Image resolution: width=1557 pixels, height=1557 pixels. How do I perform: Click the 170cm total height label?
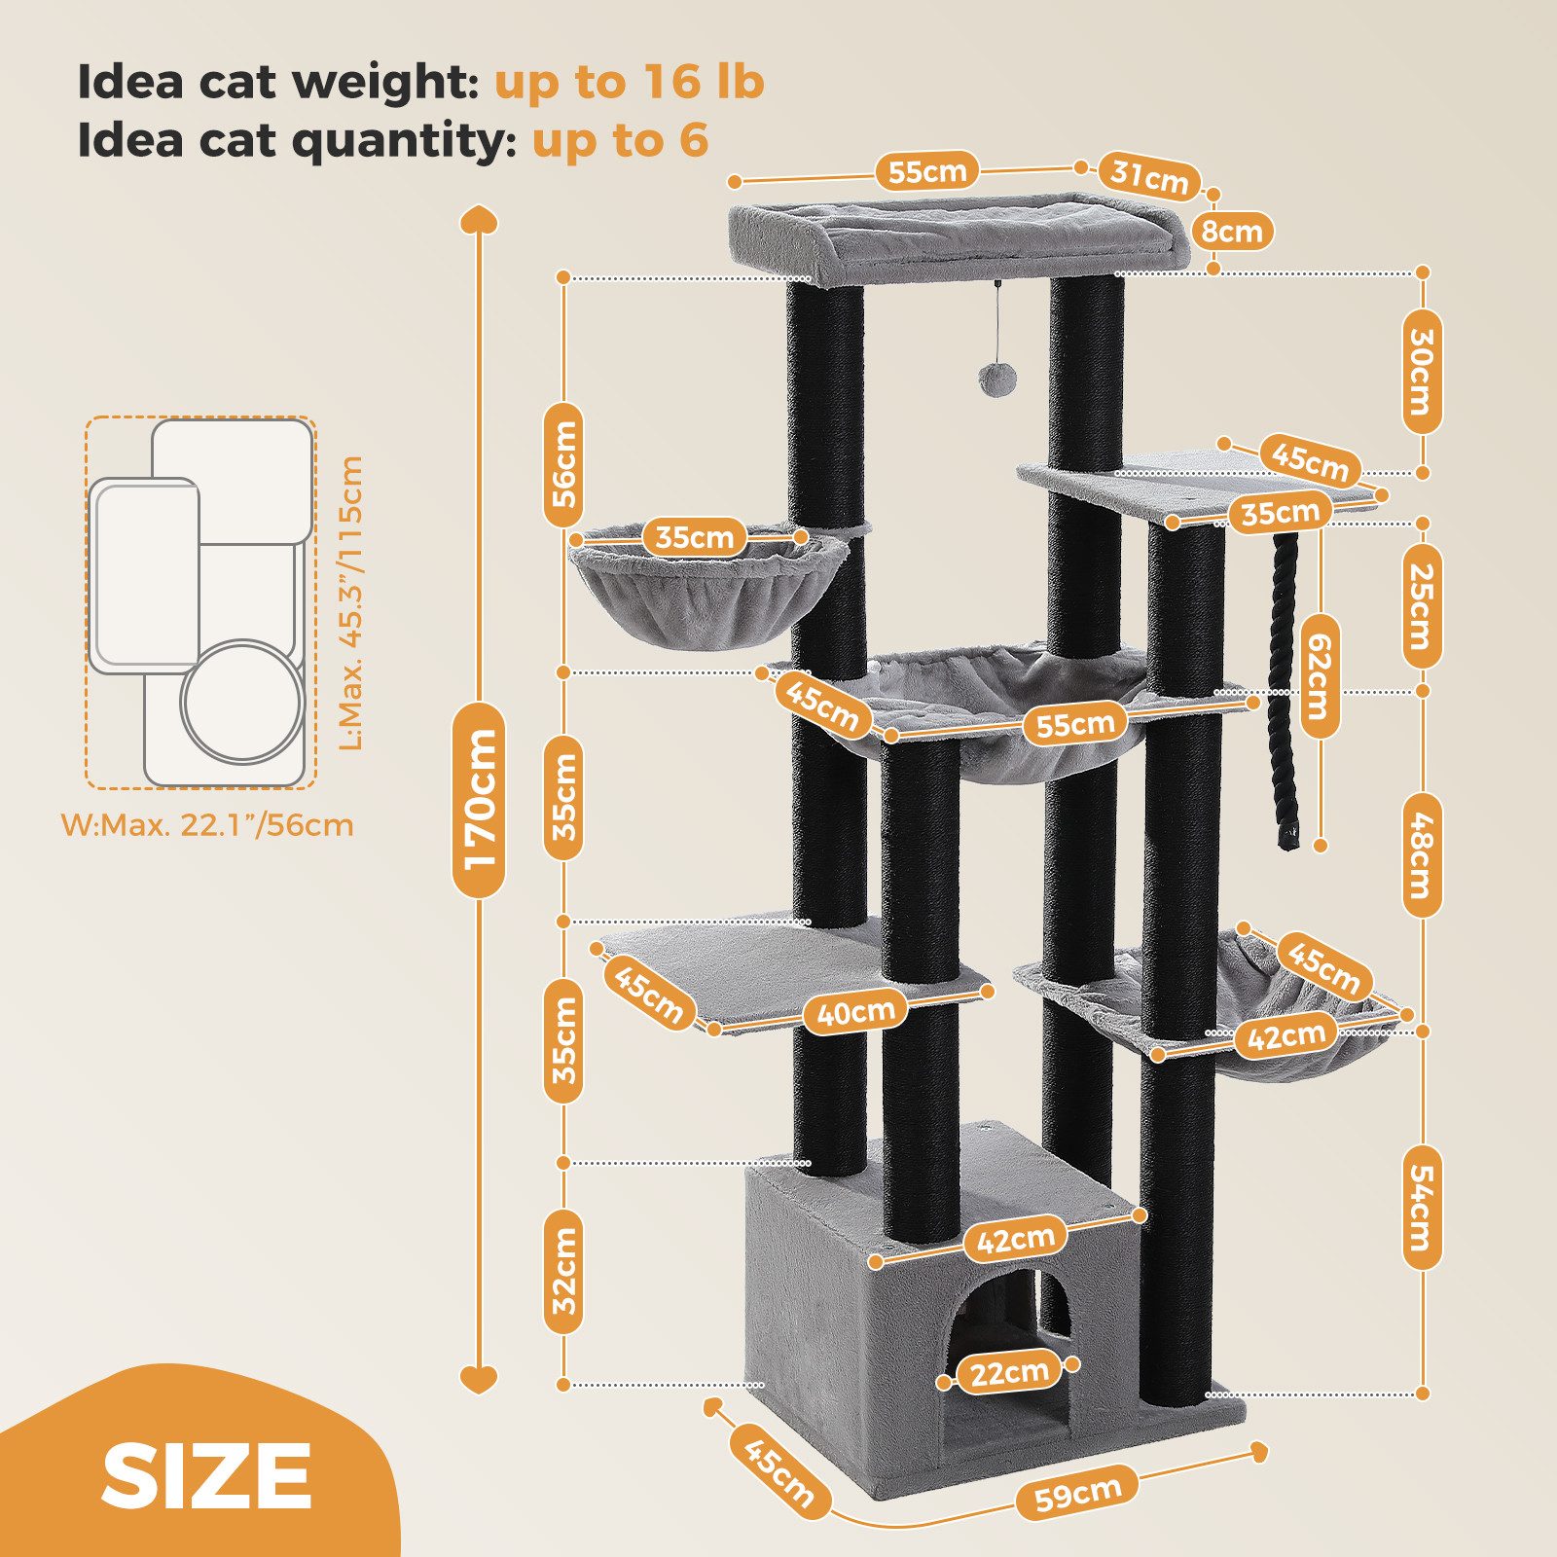click(x=479, y=799)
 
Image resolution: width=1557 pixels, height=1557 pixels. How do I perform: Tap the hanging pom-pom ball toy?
click(x=994, y=379)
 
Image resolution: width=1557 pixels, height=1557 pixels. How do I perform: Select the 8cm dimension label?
click(x=1232, y=231)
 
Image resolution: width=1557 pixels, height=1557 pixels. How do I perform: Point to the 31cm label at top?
click(x=1149, y=176)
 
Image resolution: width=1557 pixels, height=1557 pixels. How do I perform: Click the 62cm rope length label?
click(x=1319, y=675)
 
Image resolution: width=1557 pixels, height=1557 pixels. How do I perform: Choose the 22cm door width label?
click(x=1009, y=1373)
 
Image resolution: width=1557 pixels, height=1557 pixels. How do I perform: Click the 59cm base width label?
click(x=1077, y=1492)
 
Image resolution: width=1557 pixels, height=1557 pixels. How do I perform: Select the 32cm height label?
click(x=564, y=1272)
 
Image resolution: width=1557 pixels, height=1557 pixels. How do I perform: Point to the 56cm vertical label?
click(x=563, y=465)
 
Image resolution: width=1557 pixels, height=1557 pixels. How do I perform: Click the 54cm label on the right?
click(x=1422, y=1208)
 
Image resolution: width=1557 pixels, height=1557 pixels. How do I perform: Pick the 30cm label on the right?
click(x=1422, y=372)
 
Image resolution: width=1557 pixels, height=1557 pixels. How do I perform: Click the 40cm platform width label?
click(x=855, y=1013)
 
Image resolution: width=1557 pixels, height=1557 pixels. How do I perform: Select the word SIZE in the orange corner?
click(x=206, y=1475)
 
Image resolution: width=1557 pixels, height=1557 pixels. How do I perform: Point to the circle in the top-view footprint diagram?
click(x=241, y=700)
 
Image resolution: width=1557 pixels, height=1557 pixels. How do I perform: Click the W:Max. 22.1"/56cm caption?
click(x=207, y=825)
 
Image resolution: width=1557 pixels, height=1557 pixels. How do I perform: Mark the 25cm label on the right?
click(x=1422, y=606)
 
